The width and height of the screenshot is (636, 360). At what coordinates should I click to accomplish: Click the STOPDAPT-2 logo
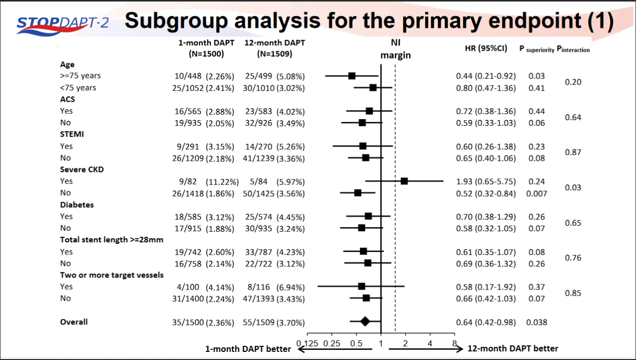click(x=62, y=24)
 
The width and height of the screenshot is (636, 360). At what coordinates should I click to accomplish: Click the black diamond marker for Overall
click(x=365, y=321)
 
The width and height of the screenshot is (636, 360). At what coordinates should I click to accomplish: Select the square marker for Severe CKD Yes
click(x=404, y=181)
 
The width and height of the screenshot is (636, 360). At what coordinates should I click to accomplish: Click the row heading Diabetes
click(x=77, y=205)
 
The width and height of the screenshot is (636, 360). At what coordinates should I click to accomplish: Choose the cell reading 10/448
click(x=189, y=76)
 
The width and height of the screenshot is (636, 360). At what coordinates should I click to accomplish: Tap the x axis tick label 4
click(x=430, y=343)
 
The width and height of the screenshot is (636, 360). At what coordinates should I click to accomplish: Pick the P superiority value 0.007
click(x=536, y=193)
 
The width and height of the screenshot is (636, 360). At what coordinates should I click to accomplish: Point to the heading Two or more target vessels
click(x=111, y=275)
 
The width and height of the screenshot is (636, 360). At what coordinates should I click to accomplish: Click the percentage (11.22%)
click(x=219, y=182)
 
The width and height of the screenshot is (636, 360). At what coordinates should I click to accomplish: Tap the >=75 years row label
click(x=80, y=76)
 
